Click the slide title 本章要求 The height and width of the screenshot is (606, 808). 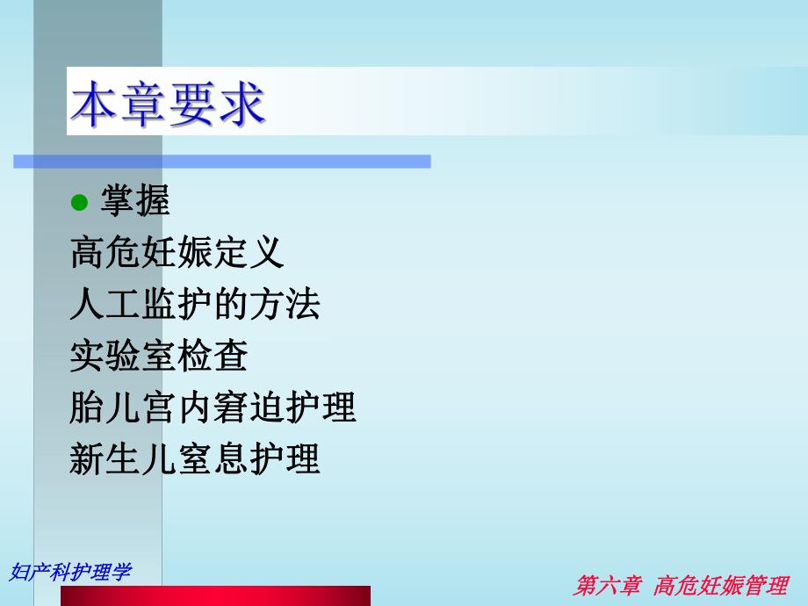point(167,106)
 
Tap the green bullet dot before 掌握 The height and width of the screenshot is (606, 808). point(80,203)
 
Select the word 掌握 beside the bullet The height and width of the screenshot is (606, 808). point(134,203)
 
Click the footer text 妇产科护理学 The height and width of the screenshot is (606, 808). point(70,572)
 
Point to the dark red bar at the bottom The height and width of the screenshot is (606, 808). point(215,596)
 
